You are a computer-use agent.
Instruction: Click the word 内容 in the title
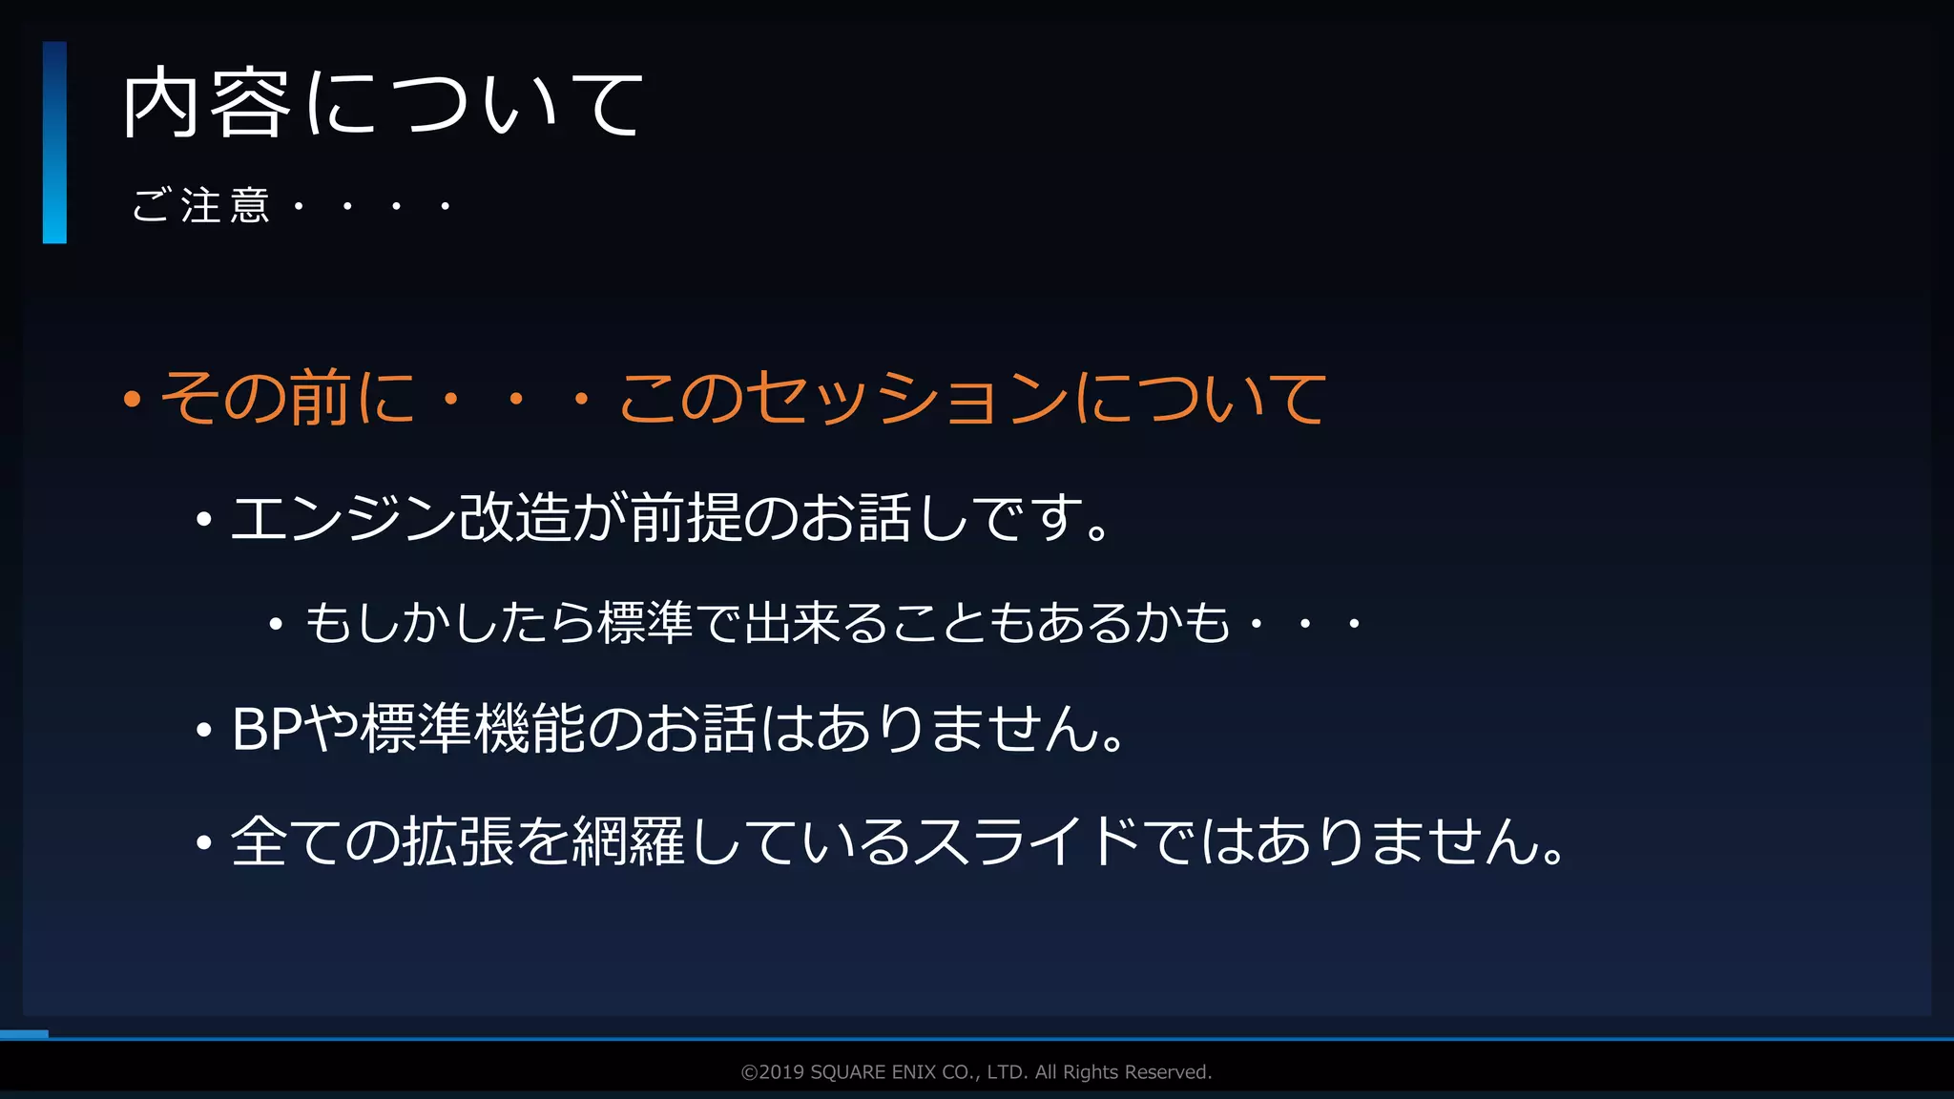click(x=206, y=103)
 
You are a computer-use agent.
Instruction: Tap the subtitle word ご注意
click(x=201, y=205)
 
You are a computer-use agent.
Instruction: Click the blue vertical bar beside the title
click(x=54, y=142)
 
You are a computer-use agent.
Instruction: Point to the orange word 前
click(x=320, y=397)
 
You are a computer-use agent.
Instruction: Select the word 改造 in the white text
click(x=515, y=518)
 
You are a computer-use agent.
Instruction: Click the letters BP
click(x=268, y=730)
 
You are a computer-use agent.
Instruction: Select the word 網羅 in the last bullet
click(x=628, y=842)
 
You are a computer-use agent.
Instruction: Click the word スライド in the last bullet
click(x=1027, y=842)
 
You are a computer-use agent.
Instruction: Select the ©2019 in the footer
click(x=773, y=1072)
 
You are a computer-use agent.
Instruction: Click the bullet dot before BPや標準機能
click(x=203, y=732)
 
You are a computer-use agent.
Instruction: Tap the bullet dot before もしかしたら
click(x=276, y=626)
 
